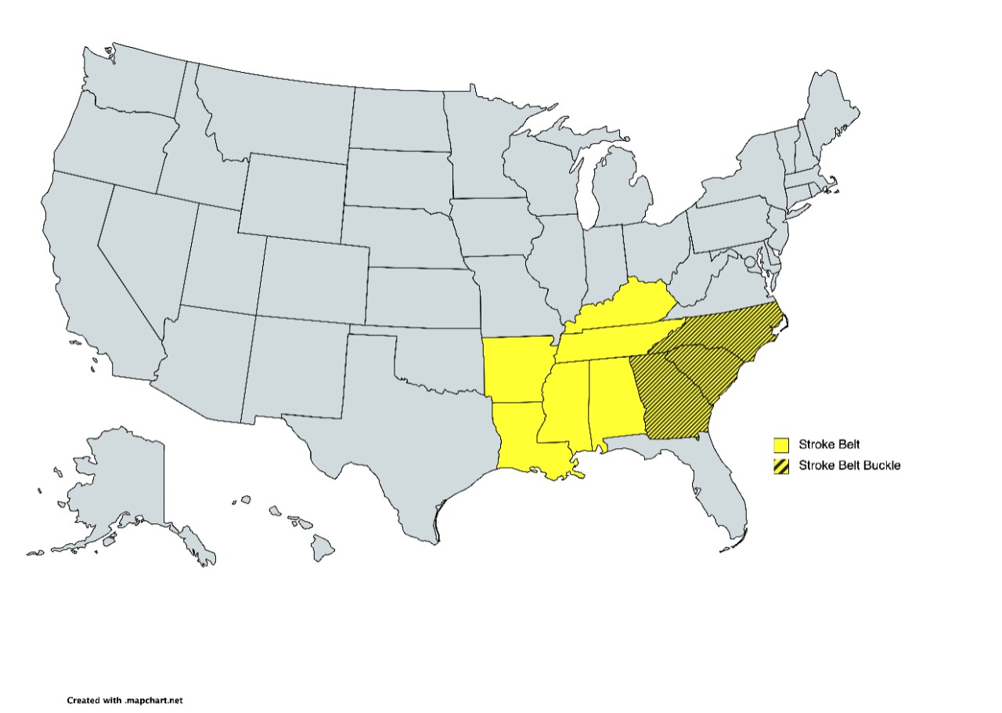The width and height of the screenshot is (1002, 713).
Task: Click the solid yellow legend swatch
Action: pyautogui.click(x=780, y=445)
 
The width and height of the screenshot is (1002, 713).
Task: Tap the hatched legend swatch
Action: pyautogui.click(x=780, y=465)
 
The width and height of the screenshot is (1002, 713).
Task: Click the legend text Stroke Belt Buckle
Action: pyautogui.click(x=849, y=465)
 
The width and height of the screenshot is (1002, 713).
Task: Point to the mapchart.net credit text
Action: pyautogui.click(x=124, y=700)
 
